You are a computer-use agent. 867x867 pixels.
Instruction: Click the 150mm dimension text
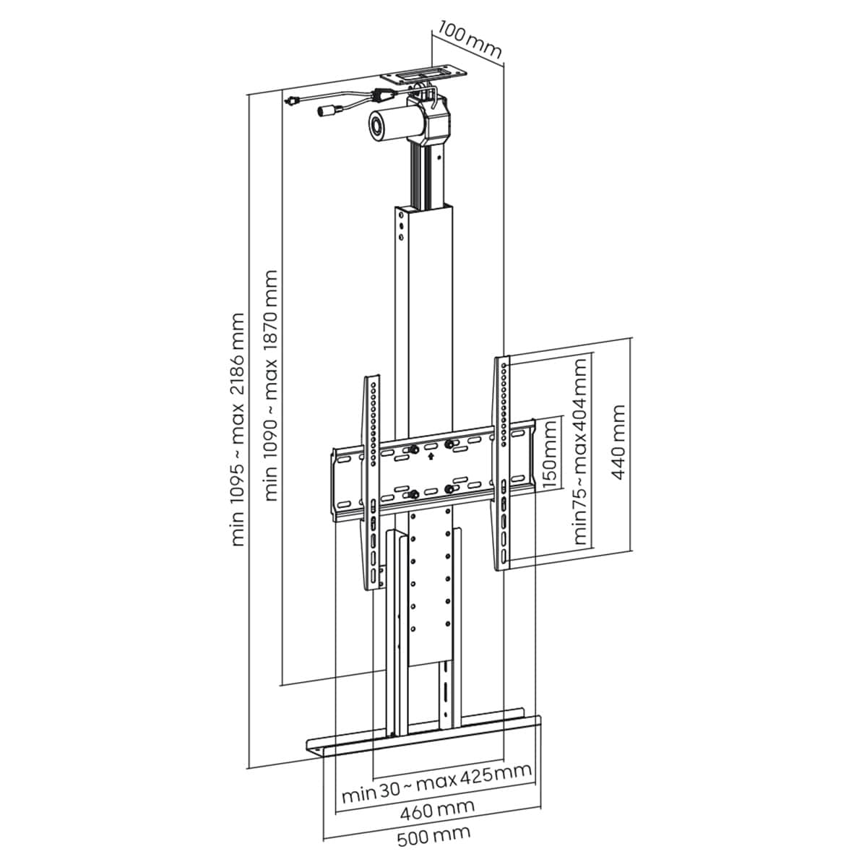549,454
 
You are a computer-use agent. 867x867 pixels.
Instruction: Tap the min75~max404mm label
581,450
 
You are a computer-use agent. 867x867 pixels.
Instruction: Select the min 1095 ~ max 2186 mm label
237,430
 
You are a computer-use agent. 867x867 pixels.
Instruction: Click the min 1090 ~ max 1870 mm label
271,386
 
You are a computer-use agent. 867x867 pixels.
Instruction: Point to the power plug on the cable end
293,100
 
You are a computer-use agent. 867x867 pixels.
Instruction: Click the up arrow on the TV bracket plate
431,456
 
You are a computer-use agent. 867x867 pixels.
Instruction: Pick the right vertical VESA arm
503,463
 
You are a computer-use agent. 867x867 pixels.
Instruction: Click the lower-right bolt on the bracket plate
448,489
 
